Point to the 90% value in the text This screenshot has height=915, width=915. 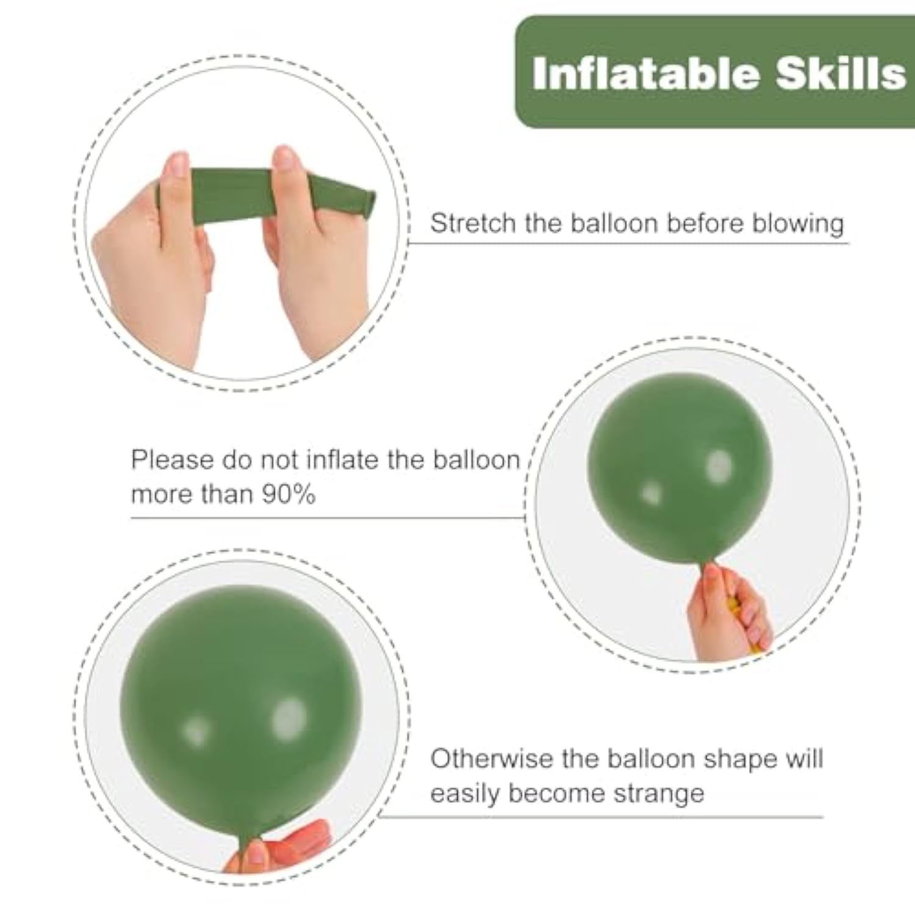pyautogui.click(x=288, y=494)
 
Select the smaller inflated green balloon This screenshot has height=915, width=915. pyautogui.click(x=680, y=470)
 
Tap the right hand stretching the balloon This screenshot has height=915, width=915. pyautogui.click(x=311, y=256)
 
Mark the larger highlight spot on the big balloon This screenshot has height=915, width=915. pyautogui.click(x=289, y=717)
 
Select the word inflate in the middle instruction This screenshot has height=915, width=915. pyautogui.click(x=343, y=459)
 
